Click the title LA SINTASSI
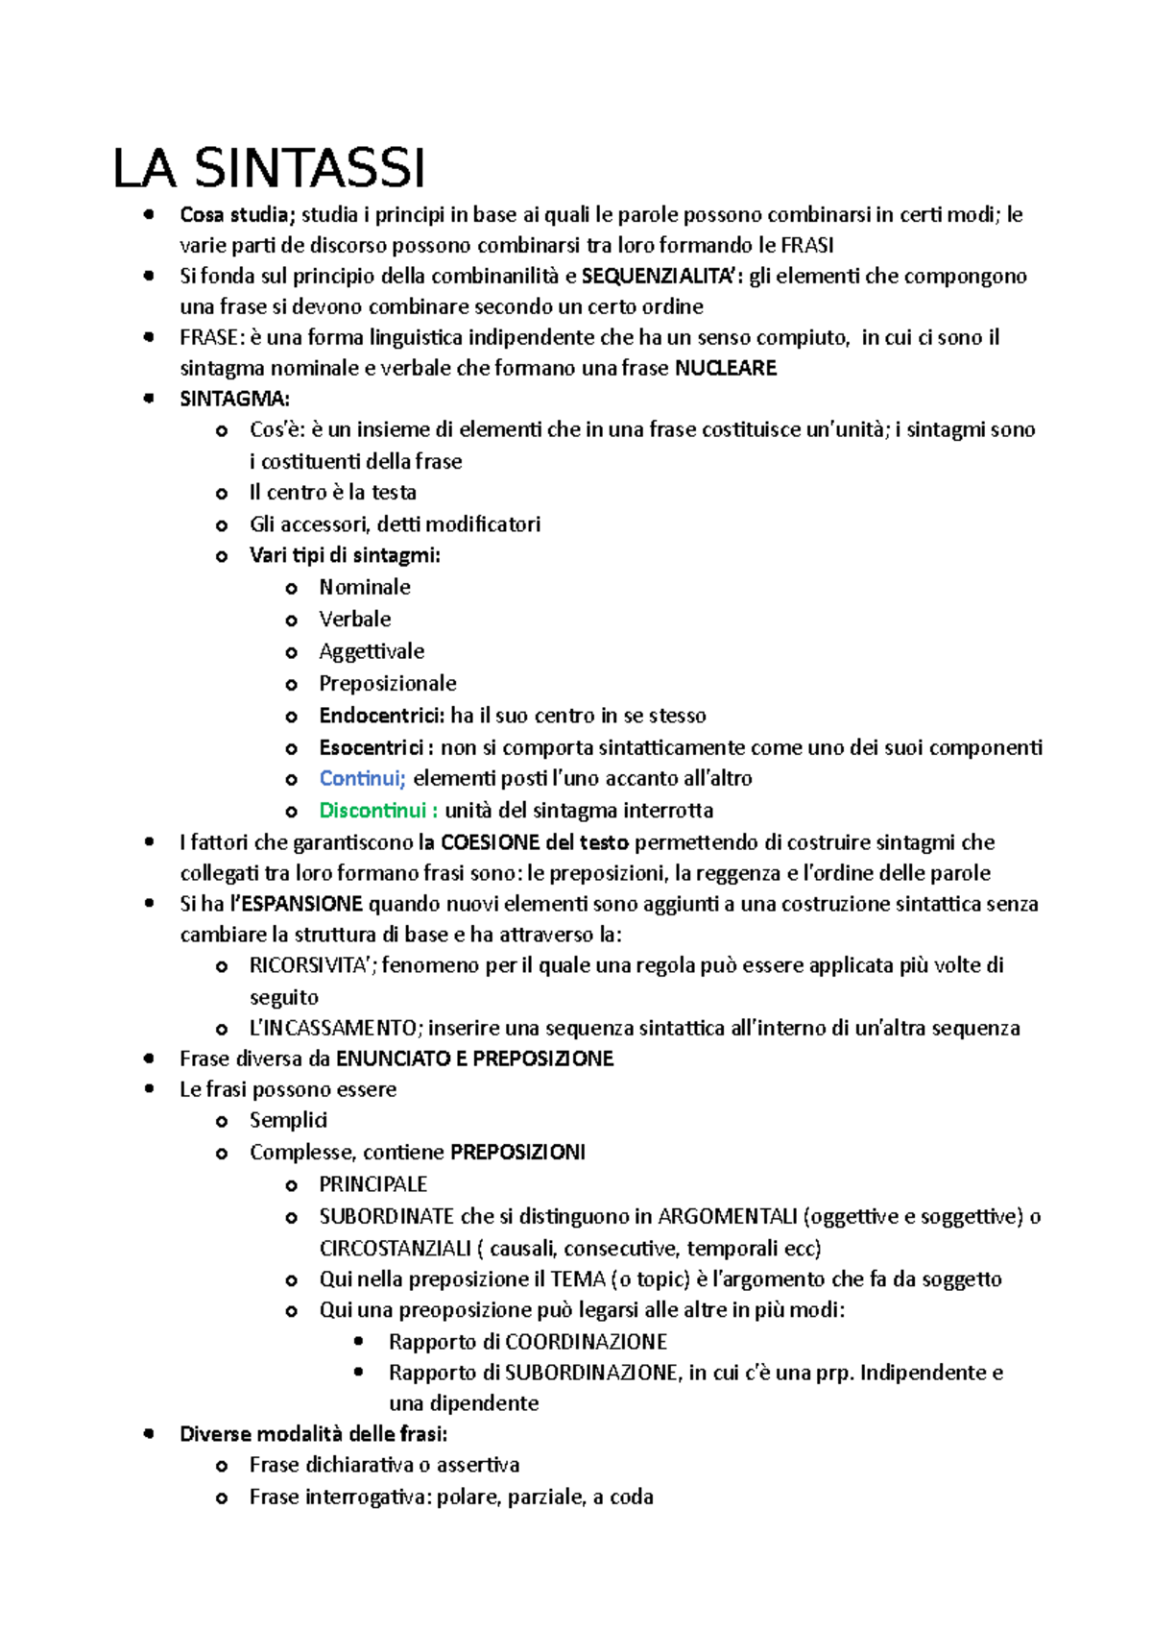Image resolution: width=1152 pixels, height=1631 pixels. tap(269, 169)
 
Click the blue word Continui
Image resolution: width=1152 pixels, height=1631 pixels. tap(362, 778)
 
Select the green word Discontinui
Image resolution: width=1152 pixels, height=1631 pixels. tap(372, 810)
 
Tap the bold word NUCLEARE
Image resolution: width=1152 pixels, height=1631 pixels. tap(726, 368)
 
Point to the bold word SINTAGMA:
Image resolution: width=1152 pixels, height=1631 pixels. tap(234, 399)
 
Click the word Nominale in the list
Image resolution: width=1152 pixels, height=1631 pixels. tap(365, 587)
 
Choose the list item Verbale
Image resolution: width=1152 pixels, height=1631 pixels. tap(355, 619)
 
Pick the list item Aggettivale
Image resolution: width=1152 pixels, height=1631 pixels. tap(372, 651)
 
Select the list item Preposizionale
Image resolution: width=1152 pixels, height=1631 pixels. tap(388, 683)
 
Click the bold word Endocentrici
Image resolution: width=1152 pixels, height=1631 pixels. tap(381, 716)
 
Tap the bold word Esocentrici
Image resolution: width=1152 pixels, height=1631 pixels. tap(372, 747)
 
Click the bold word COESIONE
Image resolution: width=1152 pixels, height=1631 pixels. tap(490, 842)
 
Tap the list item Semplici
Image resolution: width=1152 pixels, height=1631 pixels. tap(288, 1120)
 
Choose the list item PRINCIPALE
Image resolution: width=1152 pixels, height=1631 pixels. tap(372, 1184)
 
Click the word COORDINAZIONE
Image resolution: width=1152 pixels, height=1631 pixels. tap(586, 1342)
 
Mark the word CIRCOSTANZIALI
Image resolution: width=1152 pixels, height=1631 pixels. tap(396, 1249)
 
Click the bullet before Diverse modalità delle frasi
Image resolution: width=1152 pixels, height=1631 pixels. tap(149, 1434)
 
